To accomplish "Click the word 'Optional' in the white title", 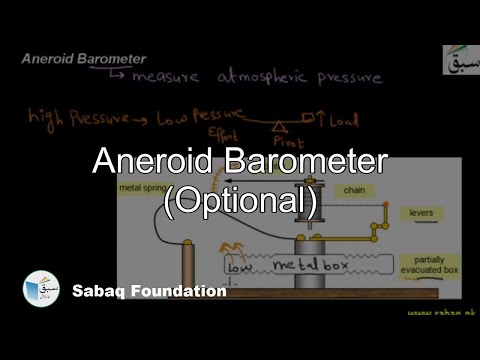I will (x=240, y=200).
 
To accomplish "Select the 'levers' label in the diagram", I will (x=421, y=212).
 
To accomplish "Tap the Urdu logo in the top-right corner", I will (x=461, y=59).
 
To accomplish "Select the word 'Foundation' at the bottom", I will (x=181, y=292).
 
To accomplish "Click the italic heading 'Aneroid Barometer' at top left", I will (x=85, y=59).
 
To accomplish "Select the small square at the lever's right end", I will (x=322, y=120).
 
